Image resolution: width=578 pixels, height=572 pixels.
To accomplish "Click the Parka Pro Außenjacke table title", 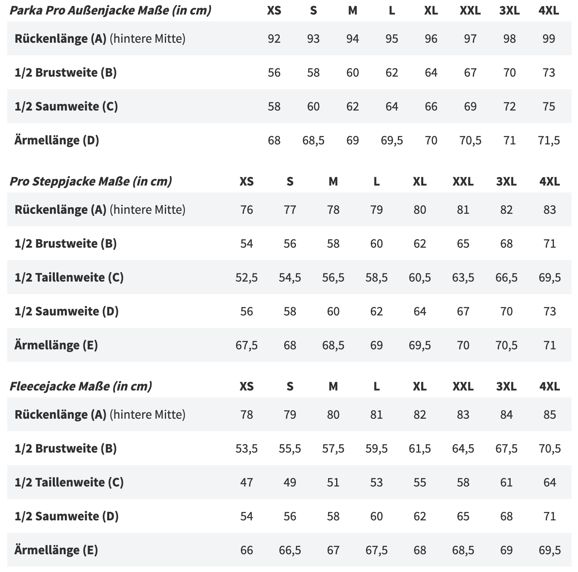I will (x=110, y=10).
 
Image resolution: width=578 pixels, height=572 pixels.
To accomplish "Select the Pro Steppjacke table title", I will (x=91, y=182).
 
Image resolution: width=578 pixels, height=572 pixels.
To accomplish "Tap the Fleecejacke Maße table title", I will (x=81, y=386).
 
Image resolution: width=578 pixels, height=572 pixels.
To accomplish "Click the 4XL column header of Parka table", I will (x=549, y=10).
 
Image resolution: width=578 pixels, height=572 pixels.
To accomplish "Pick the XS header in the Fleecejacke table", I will (x=247, y=386).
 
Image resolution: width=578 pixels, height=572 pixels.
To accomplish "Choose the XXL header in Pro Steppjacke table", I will (x=463, y=182).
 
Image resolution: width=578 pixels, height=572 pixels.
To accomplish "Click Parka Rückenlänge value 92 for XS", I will (x=274, y=39).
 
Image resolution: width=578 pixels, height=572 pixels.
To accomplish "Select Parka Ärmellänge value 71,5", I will (x=549, y=140).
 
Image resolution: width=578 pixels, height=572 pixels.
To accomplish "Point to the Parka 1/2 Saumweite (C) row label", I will (x=66, y=106).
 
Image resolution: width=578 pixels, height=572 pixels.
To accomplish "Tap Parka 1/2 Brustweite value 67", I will (x=470, y=73).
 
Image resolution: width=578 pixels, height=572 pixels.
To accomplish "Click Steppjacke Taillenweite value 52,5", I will (x=247, y=278).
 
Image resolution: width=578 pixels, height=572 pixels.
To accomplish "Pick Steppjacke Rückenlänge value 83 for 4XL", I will (x=549, y=210).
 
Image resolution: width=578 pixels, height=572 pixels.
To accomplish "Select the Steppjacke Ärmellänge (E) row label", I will (x=56, y=345).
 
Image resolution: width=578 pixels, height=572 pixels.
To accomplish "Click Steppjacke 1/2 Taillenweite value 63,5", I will (x=463, y=278).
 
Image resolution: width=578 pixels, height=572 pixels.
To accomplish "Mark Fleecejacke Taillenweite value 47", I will (x=247, y=482).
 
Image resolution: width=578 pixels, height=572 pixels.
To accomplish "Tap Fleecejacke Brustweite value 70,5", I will (x=549, y=449).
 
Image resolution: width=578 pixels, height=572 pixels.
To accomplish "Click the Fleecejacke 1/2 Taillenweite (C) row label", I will (x=69, y=482).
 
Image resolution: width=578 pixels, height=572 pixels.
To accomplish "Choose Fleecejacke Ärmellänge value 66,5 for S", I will (x=290, y=550).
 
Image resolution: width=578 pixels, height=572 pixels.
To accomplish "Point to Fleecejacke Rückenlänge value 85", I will (x=549, y=415).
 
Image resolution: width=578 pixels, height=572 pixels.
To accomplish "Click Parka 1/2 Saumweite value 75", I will (x=549, y=106).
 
